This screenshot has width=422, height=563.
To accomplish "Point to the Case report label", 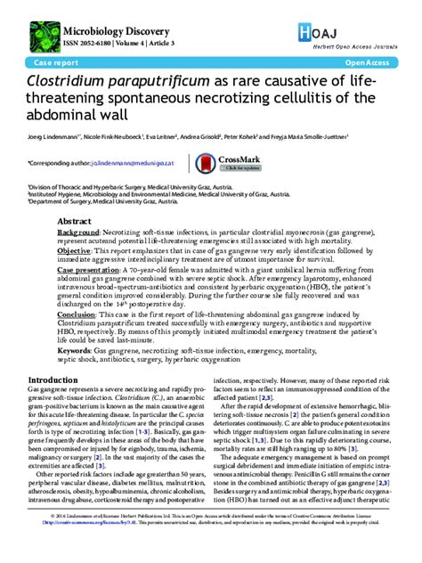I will (54, 64).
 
